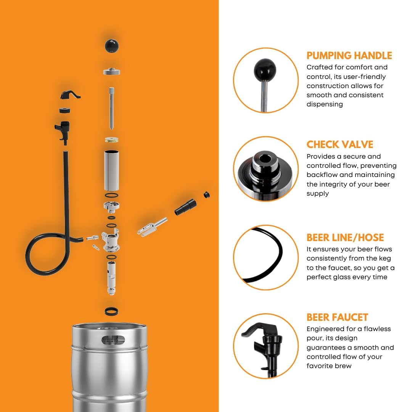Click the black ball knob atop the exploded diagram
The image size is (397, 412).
(112, 46)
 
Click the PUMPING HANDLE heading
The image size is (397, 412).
(349, 56)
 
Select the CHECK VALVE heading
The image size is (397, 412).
(340, 145)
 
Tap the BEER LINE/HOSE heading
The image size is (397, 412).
(345, 237)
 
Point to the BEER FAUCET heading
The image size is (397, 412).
(337, 317)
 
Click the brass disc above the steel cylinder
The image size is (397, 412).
(112, 140)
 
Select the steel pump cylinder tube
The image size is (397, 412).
(112, 171)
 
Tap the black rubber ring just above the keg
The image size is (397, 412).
(111, 311)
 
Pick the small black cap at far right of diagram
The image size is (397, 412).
(207, 195)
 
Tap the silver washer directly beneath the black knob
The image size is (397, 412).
(112, 71)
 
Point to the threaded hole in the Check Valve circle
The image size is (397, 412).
(264, 157)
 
